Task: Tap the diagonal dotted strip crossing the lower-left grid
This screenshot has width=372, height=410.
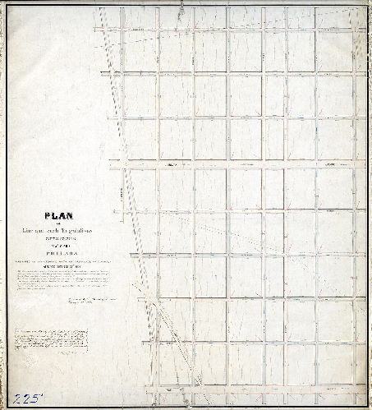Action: click(161, 329)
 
